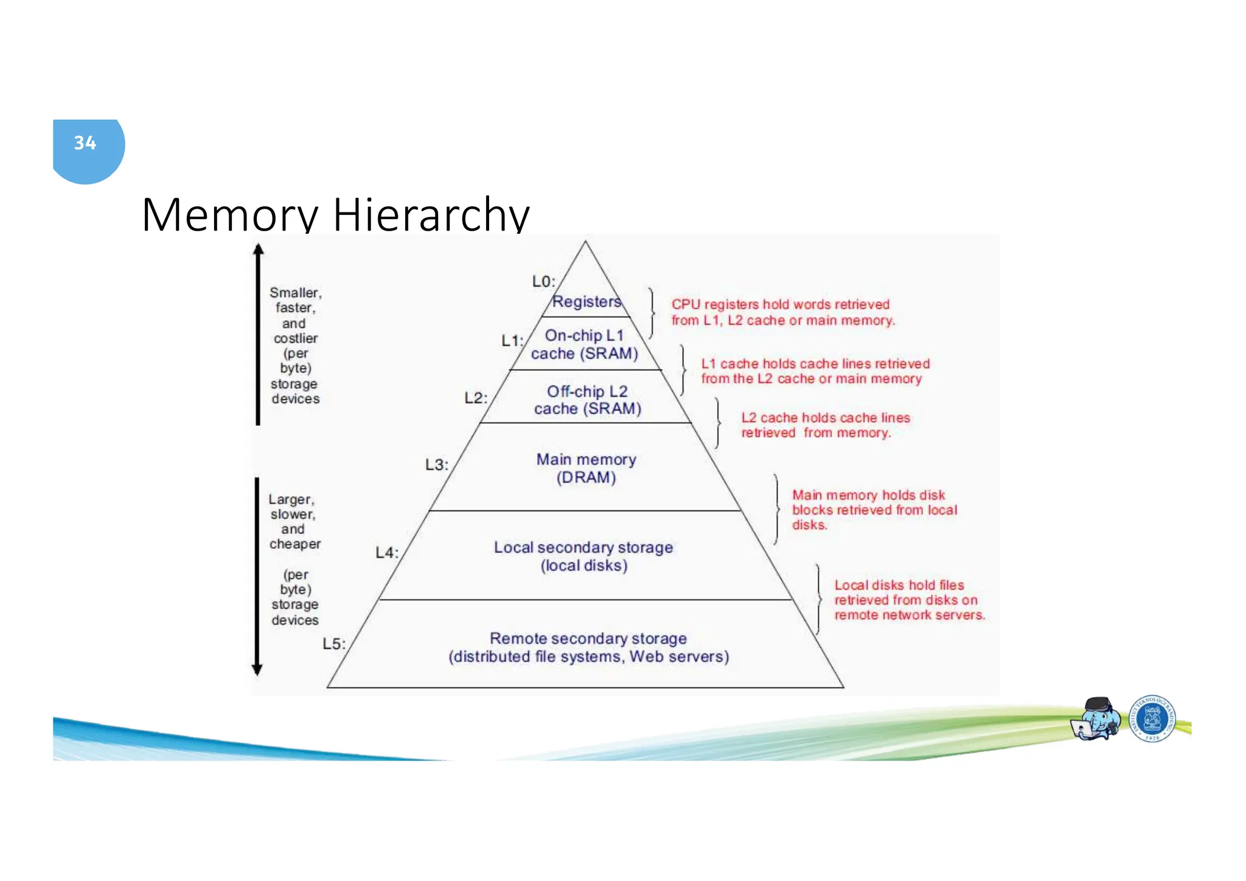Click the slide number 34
click(x=85, y=143)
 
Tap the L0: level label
click(x=543, y=282)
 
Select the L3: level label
click(x=436, y=465)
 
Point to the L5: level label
click(x=333, y=644)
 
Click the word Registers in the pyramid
click(x=586, y=302)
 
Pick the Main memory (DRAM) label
click(x=586, y=468)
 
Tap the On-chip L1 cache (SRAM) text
click(x=584, y=344)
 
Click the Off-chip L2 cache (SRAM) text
click(x=587, y=400)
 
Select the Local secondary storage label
click(x=583, y=548)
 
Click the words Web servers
click(x=678, y=657)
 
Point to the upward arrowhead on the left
click(x=258, y=249)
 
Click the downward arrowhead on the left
click(x=257, y=669)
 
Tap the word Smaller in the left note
click(x=294, y=293)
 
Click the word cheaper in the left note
click(x=295, y=544)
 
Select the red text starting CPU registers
click(x=782, y=312)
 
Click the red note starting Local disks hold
click(x=908, y=600)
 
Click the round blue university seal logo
click(x=1152, y=719)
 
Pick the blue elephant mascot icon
click(x=1096, y=719)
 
